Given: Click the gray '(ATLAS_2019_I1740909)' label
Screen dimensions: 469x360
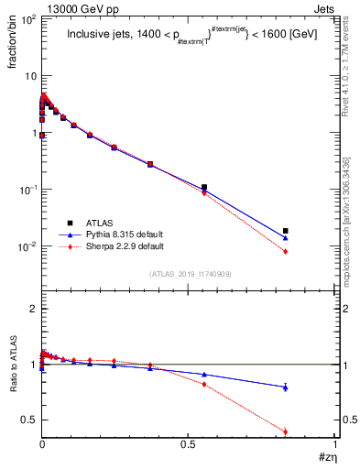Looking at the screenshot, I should pyautogui.click(x=190, y=274).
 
